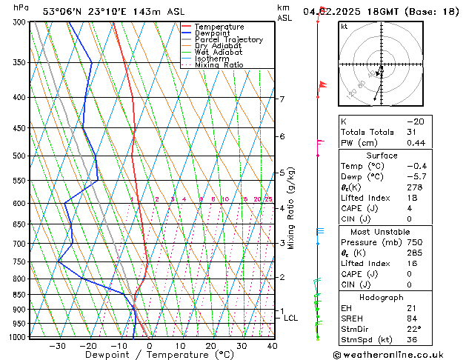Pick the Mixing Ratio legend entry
click(219, 65)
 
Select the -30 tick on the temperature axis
click(57, 345)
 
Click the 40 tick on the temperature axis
click(272, 345)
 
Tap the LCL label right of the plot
click(291, 318)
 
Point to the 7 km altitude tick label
click(282, 99)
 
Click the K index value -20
click(414, 121)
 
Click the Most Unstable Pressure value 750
click(413, 241)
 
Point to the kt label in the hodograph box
click(344, 27)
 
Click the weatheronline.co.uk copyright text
click(400, 354)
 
